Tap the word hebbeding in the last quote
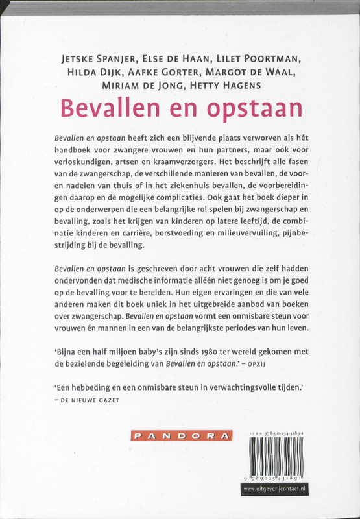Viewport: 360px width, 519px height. (91, 388)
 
